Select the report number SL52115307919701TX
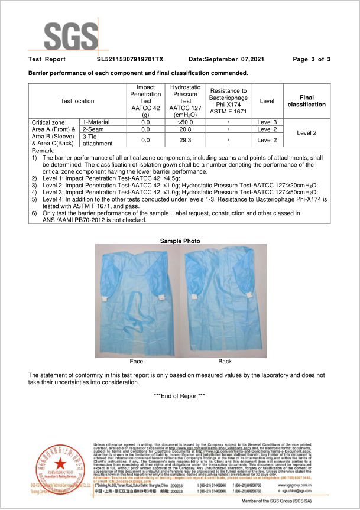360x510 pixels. pos(129,60)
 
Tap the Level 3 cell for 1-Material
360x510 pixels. pos(267,122)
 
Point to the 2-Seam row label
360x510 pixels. pos(94,129)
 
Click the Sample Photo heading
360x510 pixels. pos(180,241)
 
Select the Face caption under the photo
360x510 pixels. pos(137,361)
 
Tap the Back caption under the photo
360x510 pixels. pos(225,361)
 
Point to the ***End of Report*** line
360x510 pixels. pos(179,395)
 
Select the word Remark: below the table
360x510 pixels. pos(43,151)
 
